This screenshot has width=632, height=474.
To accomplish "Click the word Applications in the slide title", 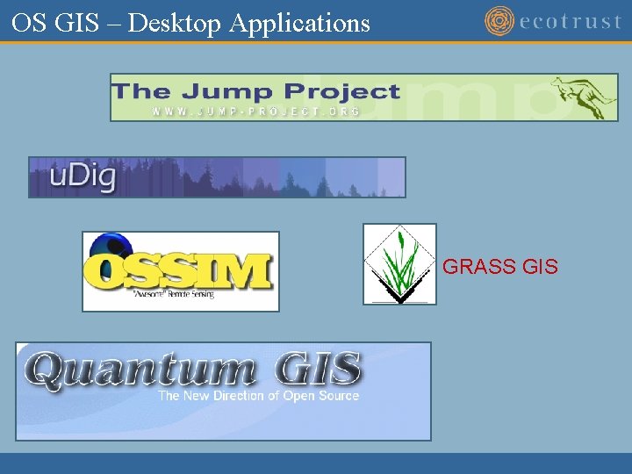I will (x=299, y=24).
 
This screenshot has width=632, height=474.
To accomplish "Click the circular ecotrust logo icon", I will (x=499, y=21).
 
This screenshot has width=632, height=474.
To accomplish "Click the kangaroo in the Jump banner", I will (x=583, y=96).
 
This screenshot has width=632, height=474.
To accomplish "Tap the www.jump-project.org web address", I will (x=255, y=111).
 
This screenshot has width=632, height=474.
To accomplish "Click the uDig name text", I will (x=83, y=177).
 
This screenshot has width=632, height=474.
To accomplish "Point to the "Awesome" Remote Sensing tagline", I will (x=174, y=294).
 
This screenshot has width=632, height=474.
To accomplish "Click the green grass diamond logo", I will (x=399, y=264).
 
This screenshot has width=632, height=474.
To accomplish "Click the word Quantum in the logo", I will (x=140, y=370).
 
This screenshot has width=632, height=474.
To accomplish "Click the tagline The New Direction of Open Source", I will (x=258, y=396).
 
